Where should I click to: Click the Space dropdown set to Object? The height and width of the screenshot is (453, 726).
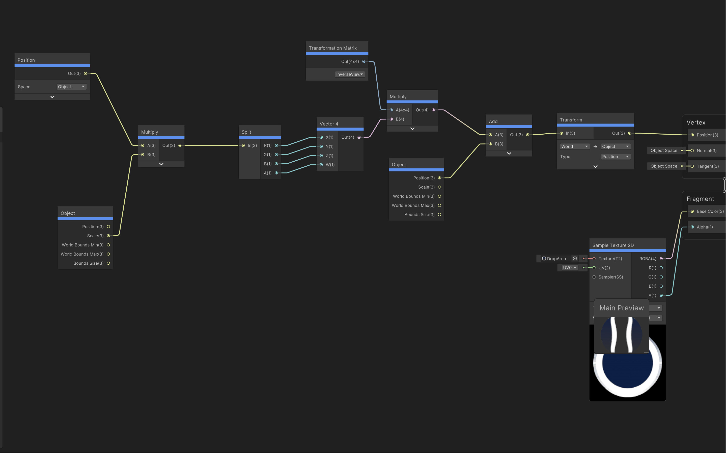click(71, 87)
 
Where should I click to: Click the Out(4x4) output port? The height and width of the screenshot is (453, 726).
click(364, 61)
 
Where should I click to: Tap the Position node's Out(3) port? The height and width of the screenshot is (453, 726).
click(86, 73)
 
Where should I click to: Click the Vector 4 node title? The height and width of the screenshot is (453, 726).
click(329, 124)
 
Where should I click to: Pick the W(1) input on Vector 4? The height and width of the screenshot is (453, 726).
click(321, 165)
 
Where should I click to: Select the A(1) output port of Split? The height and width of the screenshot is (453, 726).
click(276, 173)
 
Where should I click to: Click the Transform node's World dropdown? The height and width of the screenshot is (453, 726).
click(574, 146)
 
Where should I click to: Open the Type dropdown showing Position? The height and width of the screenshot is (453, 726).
click(615, 157)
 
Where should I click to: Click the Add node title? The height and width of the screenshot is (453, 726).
click(493, 121)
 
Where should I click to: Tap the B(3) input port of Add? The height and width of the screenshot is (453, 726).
click(490, 144)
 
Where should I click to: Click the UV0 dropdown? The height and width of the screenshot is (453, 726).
click(569, 268)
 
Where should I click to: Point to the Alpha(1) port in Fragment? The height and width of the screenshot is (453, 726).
click(692, 227)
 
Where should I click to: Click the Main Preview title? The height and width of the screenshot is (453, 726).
click(621, 308)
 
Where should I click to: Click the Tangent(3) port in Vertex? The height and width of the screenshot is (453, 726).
click(692, 166)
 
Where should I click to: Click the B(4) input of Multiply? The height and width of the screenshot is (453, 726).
click(391, 119)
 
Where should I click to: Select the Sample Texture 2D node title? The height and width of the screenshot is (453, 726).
click(613, 245)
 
